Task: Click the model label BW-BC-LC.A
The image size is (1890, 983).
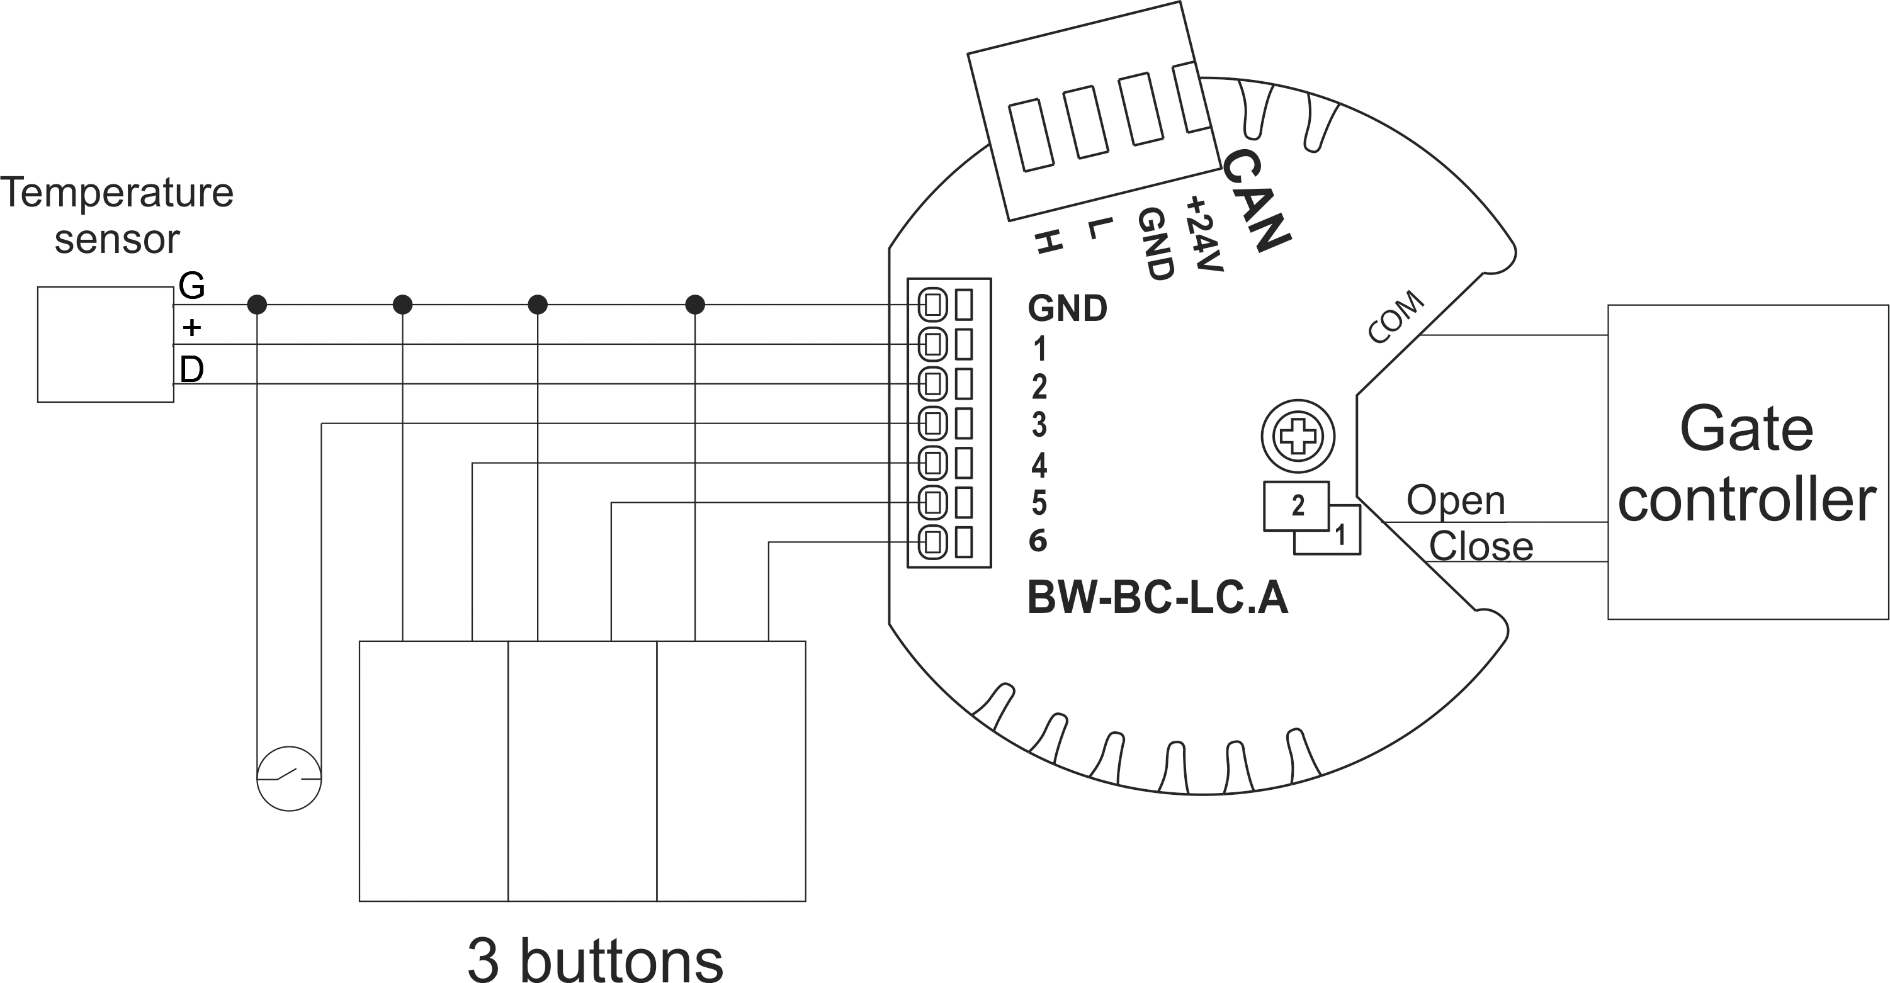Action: pos(1157,598)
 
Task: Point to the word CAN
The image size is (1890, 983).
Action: pos(1256,199)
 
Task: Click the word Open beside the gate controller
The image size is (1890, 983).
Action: pos(1456,501)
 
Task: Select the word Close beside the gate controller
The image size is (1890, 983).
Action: pos(1481,546)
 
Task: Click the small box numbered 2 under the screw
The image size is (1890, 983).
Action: pos(1296,506)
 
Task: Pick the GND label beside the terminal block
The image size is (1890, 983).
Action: pos(1068,308)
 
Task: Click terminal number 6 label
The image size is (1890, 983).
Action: pos(1038,541)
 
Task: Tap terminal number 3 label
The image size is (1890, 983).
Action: pos(1039,425)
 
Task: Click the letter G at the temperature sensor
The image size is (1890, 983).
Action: pos(191,285)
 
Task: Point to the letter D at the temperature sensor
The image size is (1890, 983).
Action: pos(191,369)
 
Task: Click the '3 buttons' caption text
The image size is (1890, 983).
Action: pos(595,959)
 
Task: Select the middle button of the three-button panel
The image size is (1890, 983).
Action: pos(582,771)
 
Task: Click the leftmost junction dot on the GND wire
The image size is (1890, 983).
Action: pos(257,305)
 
